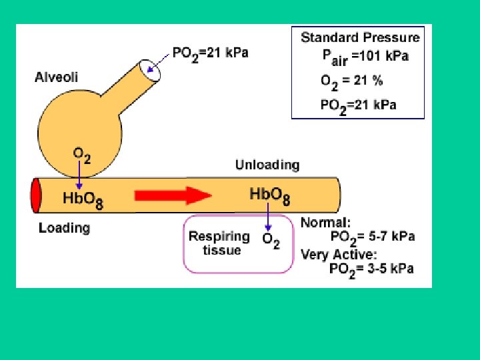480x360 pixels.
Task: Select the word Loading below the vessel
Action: coord(64,228)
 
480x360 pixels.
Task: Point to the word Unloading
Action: coord(267,165)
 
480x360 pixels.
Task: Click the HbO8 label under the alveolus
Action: coord(83,199)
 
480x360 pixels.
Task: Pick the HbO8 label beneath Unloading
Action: coord(269,195)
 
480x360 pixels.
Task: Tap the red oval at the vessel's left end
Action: coord(36,195)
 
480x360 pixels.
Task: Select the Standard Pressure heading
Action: coord(360,38)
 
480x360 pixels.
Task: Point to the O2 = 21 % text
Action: coord(351,81)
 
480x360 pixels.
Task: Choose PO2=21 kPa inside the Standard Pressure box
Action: coord(358,105)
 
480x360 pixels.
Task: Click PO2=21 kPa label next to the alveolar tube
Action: coord(210,53)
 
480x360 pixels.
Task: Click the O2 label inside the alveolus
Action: coord(81,155)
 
